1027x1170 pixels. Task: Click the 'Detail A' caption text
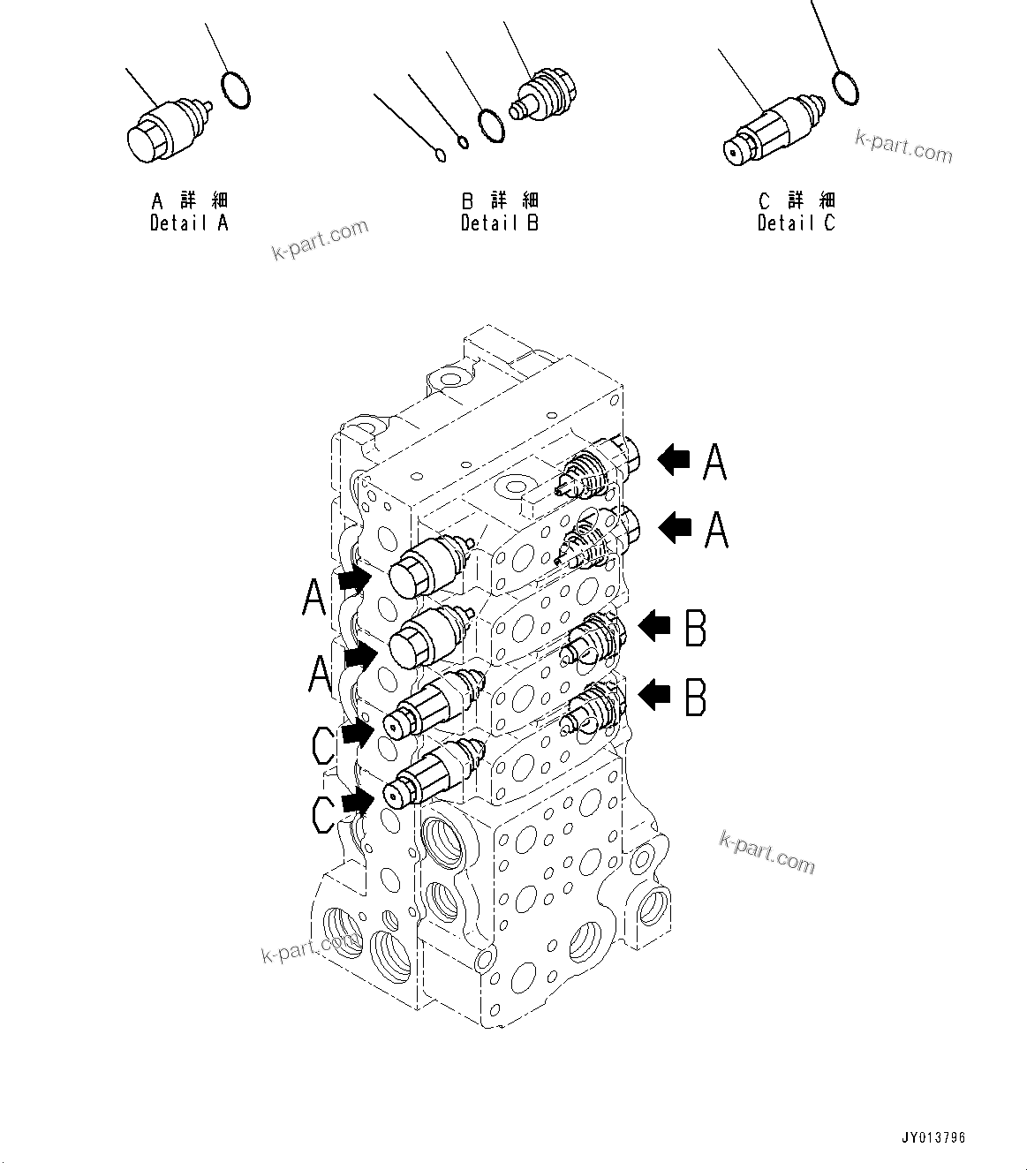click(189, 223)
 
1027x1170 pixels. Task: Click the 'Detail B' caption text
click(499, 223)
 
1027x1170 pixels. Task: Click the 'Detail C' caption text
click(796, 223)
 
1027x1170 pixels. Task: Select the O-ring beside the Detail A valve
click(235, 91)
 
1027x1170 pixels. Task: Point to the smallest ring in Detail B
click(441, 156)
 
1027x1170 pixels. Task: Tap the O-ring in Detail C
click(845, 87)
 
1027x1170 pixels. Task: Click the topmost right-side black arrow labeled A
click(674, 459)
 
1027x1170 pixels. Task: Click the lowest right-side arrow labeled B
click(654, 695)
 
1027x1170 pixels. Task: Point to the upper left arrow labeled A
click(353, 580)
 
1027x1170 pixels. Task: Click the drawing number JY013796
click(933, 1136)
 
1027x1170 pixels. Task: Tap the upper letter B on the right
click(696, 628)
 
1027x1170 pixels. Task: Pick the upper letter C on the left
click(323, 745)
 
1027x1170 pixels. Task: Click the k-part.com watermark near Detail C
click(903, 147)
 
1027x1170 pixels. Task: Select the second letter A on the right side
click(715, 530)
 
